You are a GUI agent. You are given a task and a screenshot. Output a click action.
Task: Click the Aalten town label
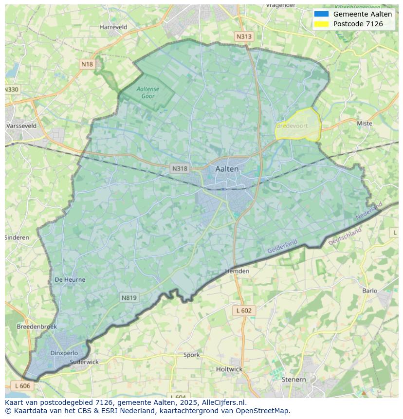click(227, 169)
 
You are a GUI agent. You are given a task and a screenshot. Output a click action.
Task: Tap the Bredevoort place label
click(292, 126)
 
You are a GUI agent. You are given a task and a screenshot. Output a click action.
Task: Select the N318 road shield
click(180, 168)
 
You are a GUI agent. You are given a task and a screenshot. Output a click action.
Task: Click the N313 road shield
click(244, 36)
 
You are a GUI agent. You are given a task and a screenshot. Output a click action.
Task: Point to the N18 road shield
click(87, 64)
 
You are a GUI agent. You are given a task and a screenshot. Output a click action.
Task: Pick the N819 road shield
click(129, 298)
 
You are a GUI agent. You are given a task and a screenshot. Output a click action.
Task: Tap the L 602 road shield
click(244, 310)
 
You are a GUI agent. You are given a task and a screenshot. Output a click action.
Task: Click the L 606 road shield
click(22, 385)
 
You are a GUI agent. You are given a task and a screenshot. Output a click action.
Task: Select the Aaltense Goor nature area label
click(148, 92)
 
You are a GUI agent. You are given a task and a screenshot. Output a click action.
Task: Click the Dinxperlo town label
click(64, 353)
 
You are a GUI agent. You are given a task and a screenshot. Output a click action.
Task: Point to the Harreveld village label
click(113, 27)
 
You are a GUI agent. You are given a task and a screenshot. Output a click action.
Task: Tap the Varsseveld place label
click(21, 126)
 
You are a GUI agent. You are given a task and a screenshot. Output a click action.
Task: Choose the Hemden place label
click(237, 271)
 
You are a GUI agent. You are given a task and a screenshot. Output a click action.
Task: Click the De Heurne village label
click(70, 280)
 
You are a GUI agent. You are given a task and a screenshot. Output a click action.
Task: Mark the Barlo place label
click(369, 291)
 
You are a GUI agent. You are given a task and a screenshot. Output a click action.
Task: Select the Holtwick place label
click(229, 369)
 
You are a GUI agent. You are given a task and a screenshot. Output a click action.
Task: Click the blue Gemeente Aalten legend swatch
click(321, 14)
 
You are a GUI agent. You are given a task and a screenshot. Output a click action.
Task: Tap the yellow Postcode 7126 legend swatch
click(321, 24)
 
